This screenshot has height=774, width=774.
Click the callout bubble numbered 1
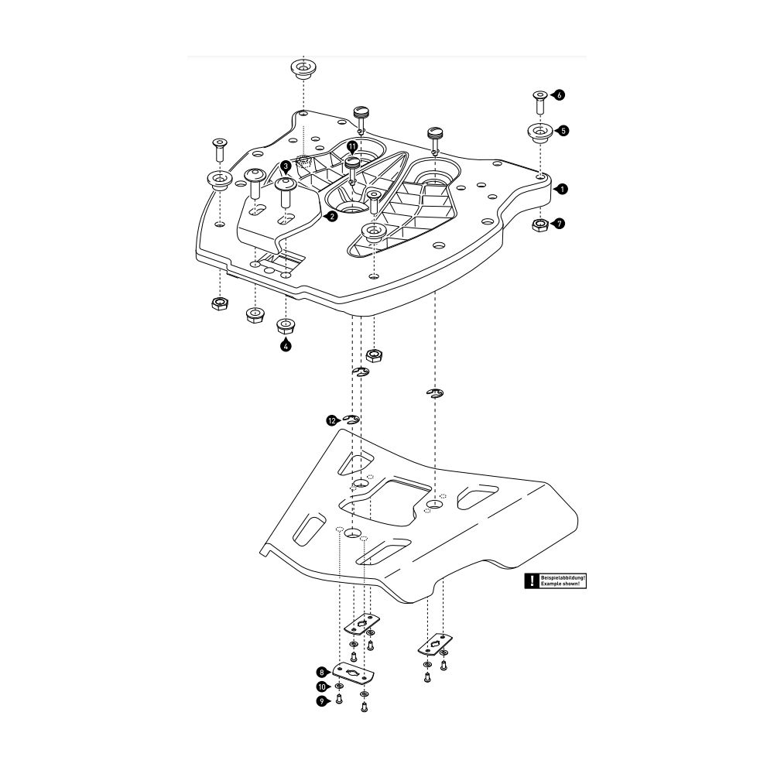coord(563,188)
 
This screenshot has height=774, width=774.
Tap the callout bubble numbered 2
coord(331,217)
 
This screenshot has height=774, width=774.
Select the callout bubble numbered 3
coord(286,166)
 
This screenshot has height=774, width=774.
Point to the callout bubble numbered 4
coord(286,346)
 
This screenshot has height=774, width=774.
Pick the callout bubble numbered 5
coord(563,131)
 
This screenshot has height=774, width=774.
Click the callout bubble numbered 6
coord(560,94)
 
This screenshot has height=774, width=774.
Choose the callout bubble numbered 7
coord(560,224)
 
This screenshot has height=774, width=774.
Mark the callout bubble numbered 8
coord(321,672)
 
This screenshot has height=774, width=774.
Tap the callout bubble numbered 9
coord(321,700)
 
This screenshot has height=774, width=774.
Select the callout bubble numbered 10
coord(321,687)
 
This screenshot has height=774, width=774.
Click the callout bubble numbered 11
coord(352,146)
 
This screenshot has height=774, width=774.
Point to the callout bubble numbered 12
coord(332,420)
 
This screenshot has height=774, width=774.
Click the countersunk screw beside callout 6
coord(539,100)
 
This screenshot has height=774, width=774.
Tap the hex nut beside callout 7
coord(540,224)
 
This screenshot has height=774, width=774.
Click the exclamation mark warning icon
coord(532,580)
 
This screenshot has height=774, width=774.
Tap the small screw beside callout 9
coord(339,700)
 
